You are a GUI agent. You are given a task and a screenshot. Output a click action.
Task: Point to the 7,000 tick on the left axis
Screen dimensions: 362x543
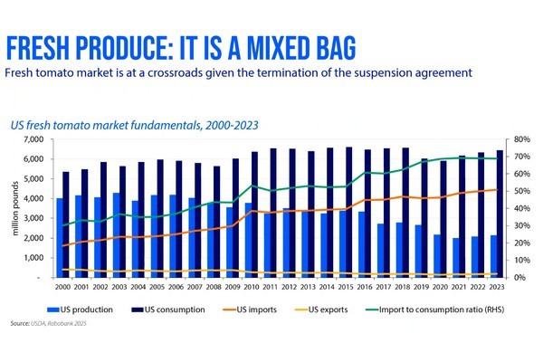point(42,139)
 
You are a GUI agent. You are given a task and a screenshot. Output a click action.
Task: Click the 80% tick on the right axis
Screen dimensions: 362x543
point(520,139)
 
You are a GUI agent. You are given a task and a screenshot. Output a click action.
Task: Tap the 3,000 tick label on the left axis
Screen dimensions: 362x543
point(42,218)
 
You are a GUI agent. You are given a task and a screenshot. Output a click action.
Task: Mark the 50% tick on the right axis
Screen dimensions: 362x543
point(520,191)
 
